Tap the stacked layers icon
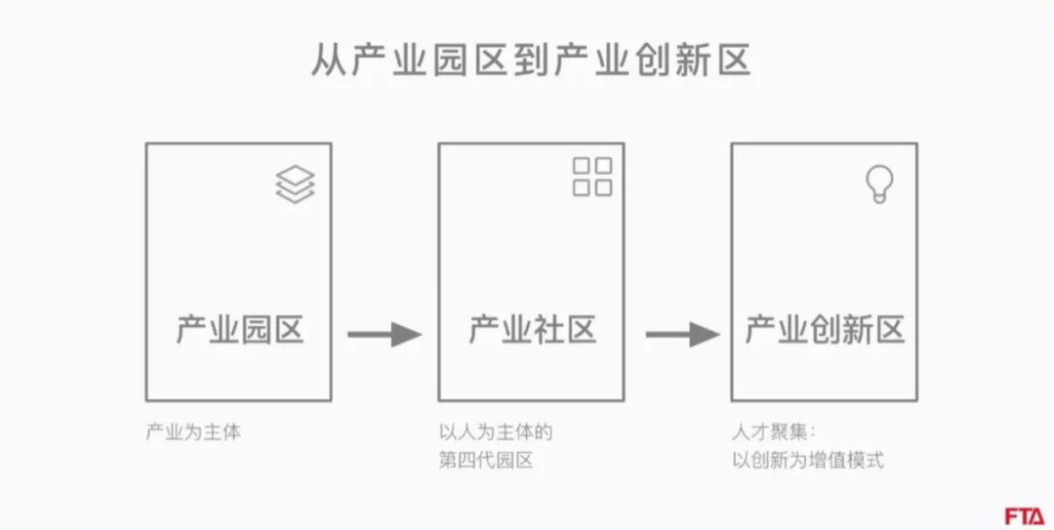296,183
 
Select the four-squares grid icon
592,176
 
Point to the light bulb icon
880,183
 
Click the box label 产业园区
240,330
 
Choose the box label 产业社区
532,330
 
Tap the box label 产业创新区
826,330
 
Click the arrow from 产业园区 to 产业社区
385,335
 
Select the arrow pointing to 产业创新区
681,335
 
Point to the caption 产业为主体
192,432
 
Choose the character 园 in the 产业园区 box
257,330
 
